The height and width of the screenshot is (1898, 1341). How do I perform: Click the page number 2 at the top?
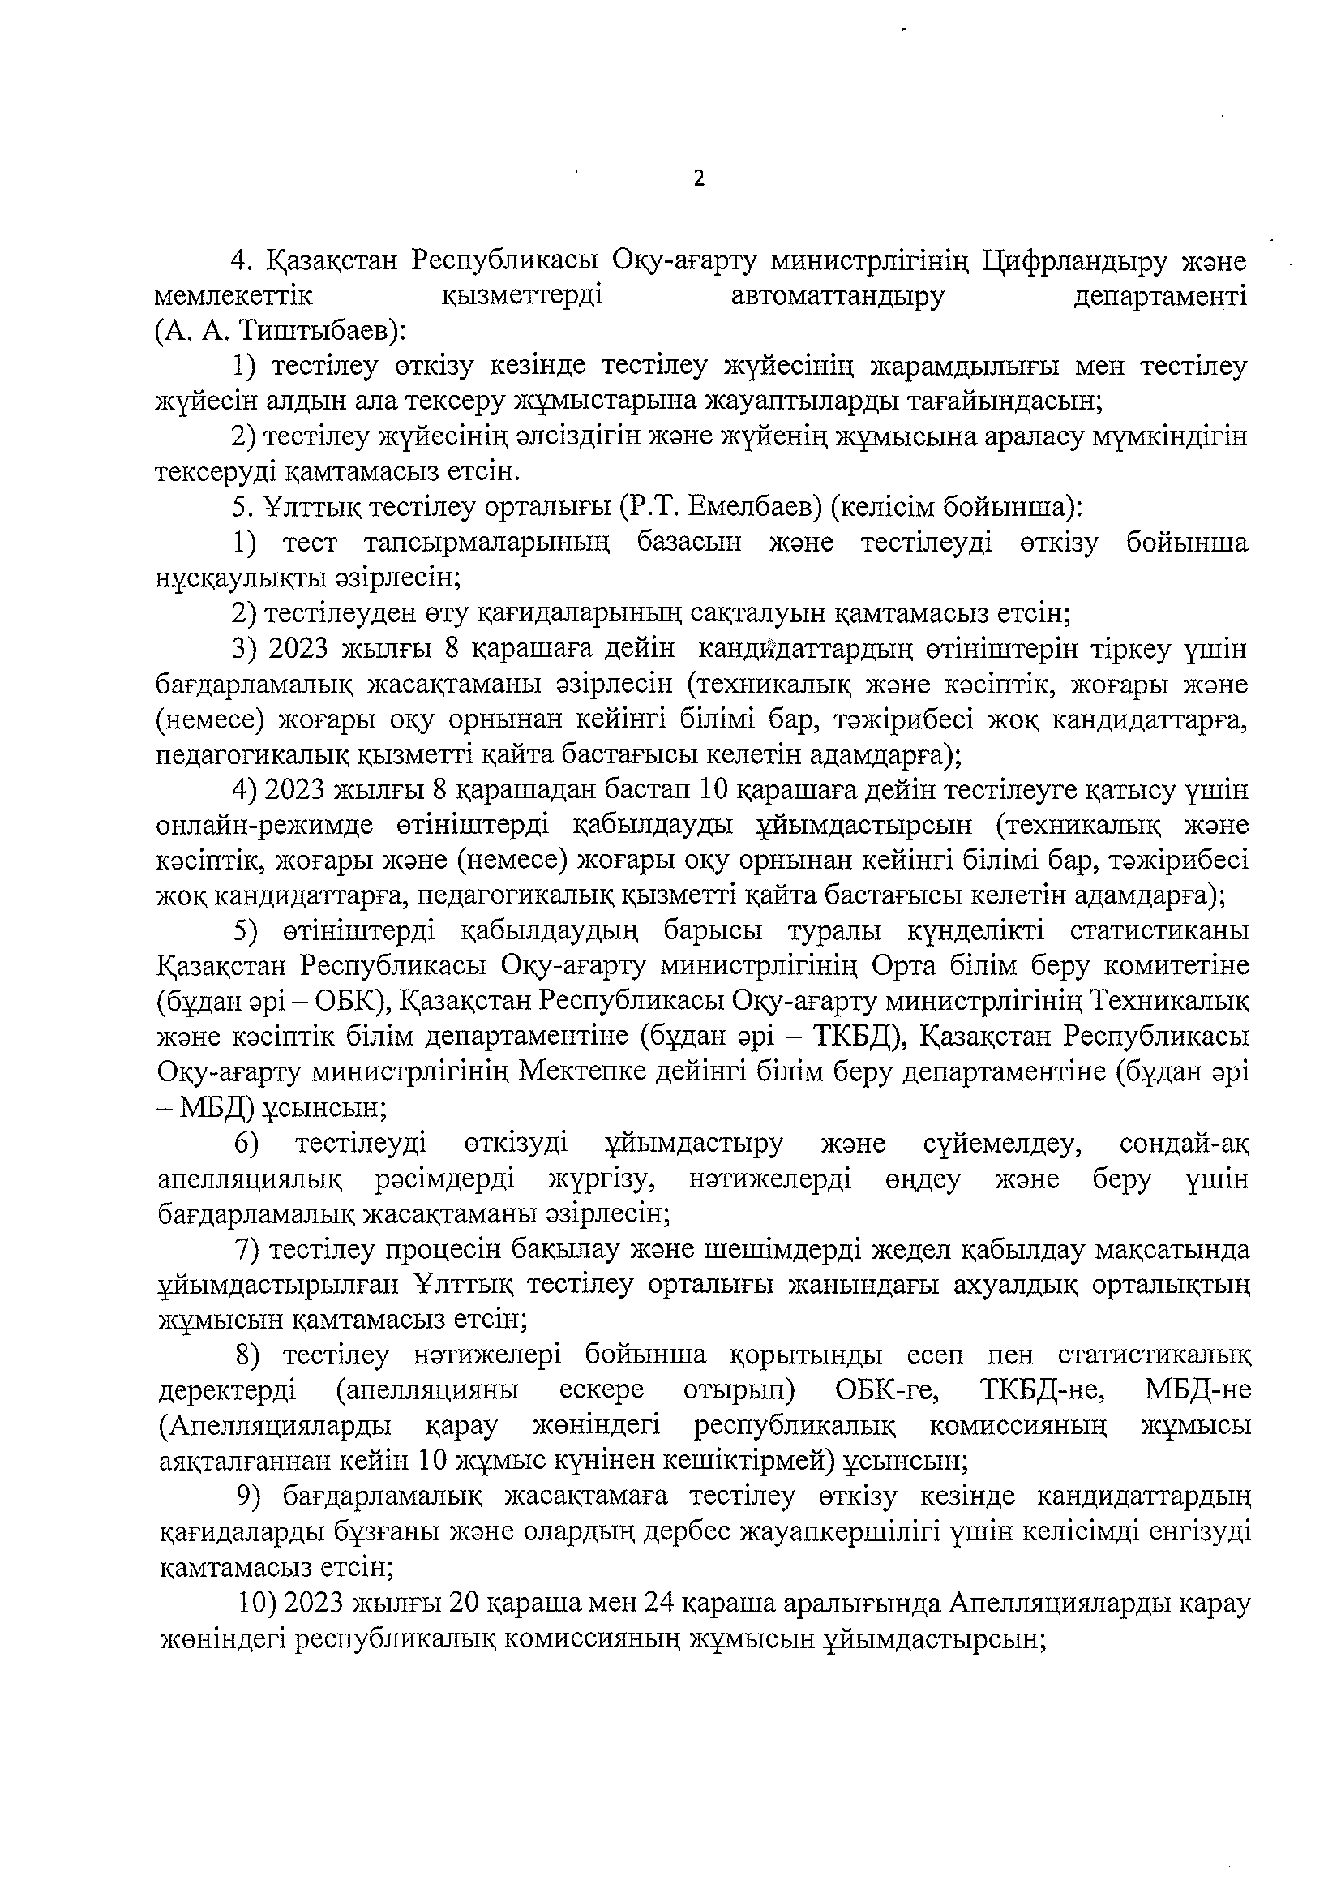pyautogui.click(x=699, y=178)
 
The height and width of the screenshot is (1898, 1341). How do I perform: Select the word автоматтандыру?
pyautogui.click(x=837, y=296)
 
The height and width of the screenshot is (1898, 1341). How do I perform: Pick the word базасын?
pyautogui.click(x=688, y=543)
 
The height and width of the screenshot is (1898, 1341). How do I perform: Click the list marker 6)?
pyautogui.click(x=246, y=1144)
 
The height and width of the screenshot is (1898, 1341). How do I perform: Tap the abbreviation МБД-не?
pyautogui.click(x=1197, y=1390)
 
